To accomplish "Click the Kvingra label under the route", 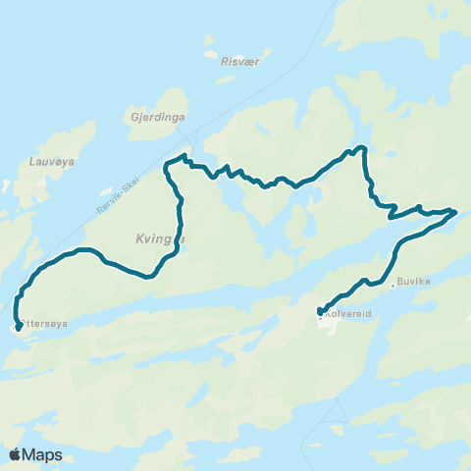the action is pos(156,236).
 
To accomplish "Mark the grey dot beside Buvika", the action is pos(393,287).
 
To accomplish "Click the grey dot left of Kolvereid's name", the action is pos(321,317).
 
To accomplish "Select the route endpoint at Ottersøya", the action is pos(19,328).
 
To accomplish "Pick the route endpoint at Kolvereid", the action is pos(320,311).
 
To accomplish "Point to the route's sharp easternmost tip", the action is pos(455,211).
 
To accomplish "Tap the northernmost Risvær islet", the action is pos(209,43).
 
